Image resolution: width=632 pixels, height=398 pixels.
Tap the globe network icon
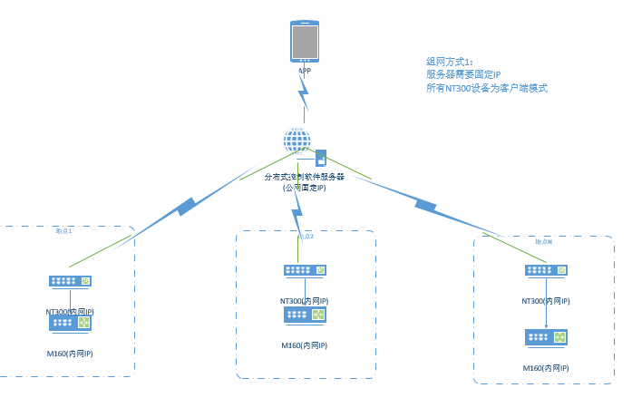[297, 141]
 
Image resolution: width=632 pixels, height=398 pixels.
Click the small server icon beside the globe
[320, 157]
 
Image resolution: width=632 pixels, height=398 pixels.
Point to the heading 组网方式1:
[450, 61]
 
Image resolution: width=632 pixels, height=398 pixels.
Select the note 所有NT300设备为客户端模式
[487, 88]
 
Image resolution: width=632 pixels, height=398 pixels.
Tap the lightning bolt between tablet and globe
[305, 90]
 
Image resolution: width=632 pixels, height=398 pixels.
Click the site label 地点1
[63, 231]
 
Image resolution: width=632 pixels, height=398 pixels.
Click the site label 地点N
[543, 242]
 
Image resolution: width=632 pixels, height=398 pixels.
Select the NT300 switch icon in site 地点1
[70, 281]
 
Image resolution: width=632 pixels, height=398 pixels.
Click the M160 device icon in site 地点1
[70, 323]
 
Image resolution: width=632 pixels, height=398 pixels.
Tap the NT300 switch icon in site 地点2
[305, 270]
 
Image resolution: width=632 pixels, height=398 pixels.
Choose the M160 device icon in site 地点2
[305, 314]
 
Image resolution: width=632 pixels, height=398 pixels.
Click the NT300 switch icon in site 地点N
[547, 270]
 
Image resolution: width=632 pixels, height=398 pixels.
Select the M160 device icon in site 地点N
[547, 337]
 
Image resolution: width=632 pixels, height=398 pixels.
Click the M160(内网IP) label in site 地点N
[546, 368]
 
